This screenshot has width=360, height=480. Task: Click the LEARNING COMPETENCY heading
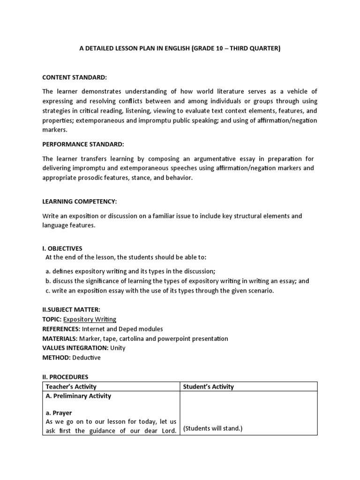click(x=79, y=202)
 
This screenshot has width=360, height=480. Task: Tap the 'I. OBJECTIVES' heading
click(x=62, y=248)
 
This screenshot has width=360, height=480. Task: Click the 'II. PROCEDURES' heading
click(x=65, y=377)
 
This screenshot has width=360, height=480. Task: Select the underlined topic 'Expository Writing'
click(x=90, y=319)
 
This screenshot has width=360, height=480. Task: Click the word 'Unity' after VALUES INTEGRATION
click(x=118, y=348)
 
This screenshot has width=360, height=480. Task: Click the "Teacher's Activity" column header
click(x=71, y=387)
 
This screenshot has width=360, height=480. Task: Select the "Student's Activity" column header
click(x=208, y=387)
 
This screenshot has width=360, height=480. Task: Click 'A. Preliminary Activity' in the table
click(x=78, y=396)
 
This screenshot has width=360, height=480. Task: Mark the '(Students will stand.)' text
click(x=212, y=428)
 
